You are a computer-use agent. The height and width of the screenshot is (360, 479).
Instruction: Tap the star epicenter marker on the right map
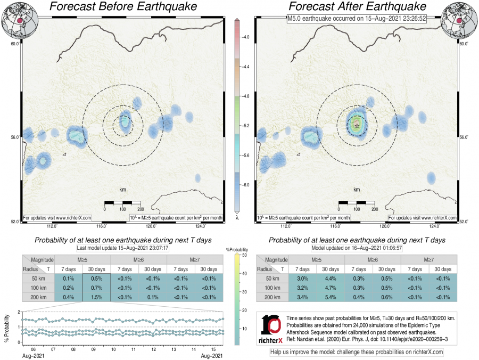[357, 125]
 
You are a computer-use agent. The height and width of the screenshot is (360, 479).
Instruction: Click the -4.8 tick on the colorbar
[246, 97]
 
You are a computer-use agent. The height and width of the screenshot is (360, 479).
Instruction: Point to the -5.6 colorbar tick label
[246, 156]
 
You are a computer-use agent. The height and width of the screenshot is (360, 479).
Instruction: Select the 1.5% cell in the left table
[97, 297]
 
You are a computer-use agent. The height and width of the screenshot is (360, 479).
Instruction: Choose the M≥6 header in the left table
[138, 259]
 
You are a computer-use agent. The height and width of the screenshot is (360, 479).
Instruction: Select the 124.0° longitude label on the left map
[197, 226]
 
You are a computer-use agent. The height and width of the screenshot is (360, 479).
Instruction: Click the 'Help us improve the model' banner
[357, 353]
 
